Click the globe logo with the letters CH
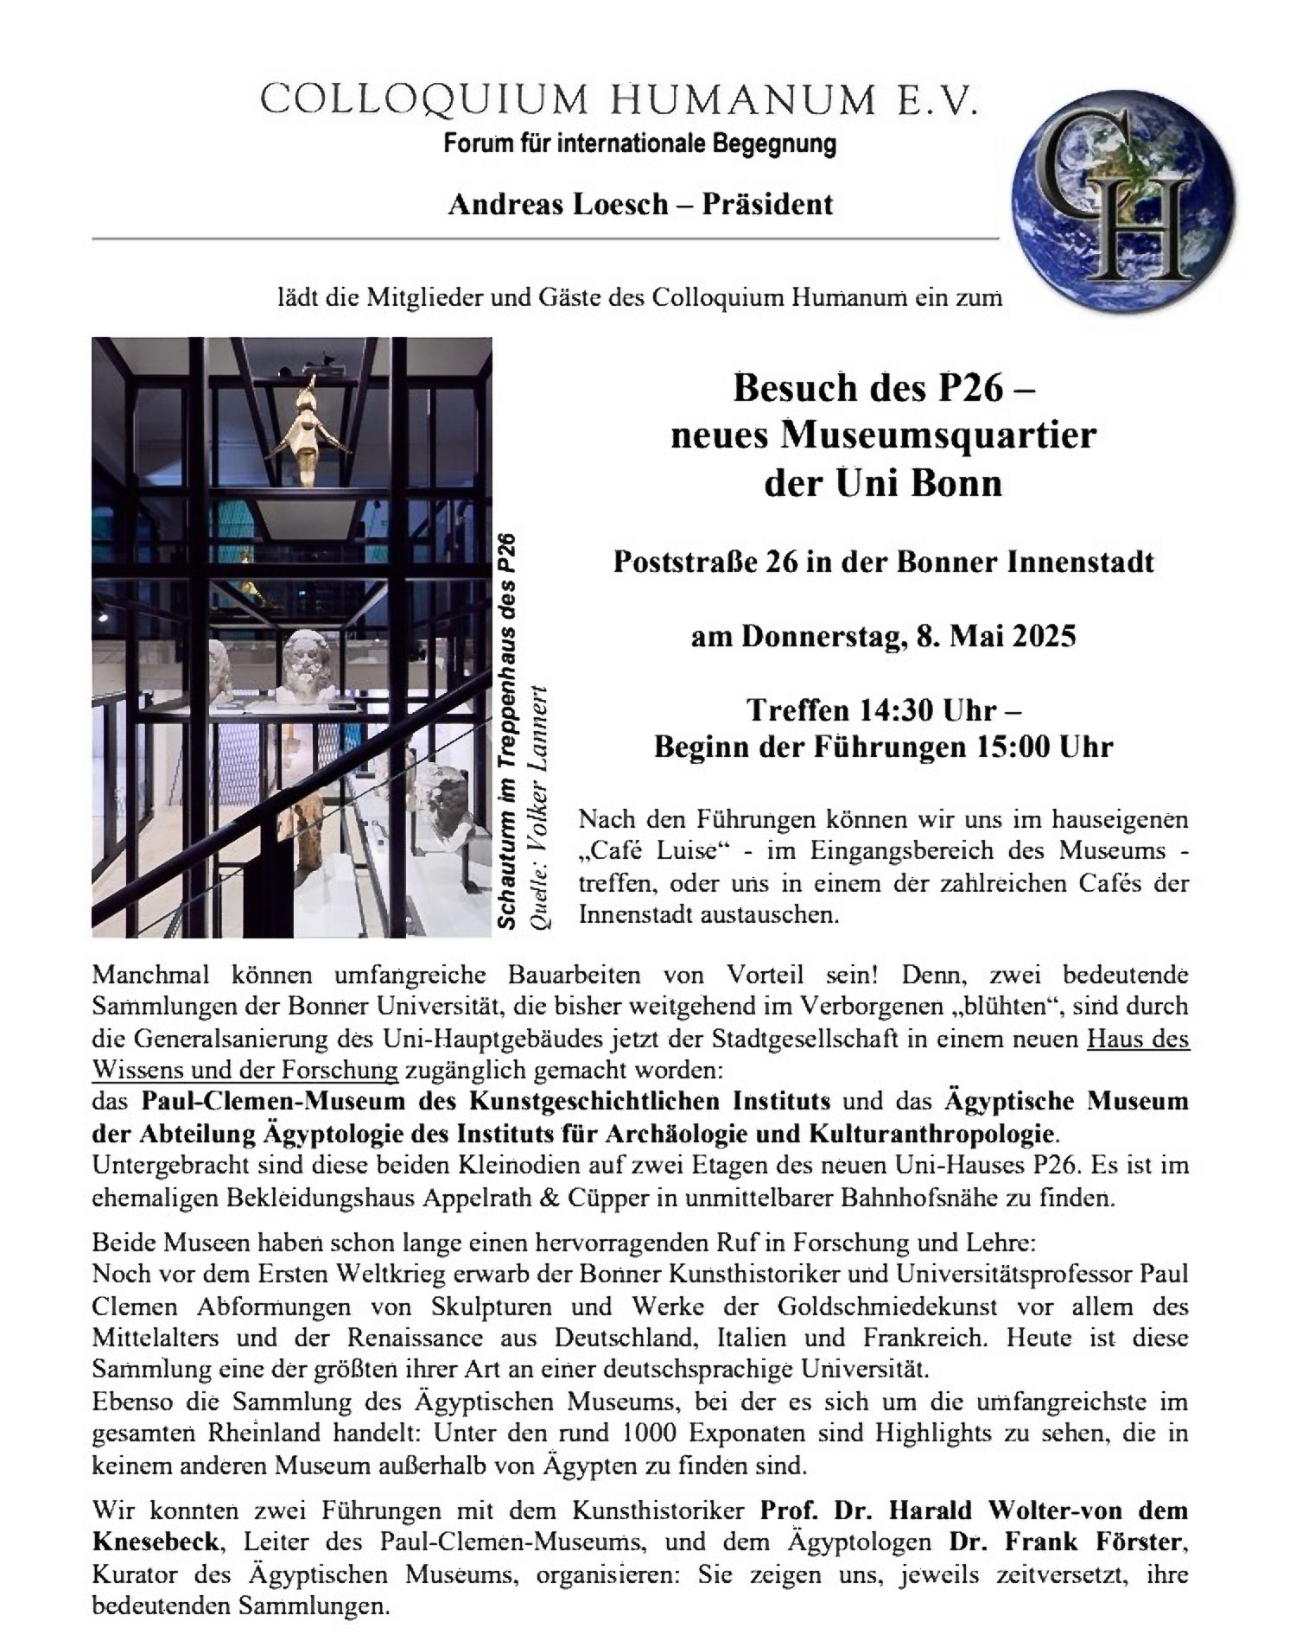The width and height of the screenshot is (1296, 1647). click(1126, 204)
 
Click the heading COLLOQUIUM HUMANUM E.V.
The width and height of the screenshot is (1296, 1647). click(620, 101)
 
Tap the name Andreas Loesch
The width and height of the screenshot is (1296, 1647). click(558, 205)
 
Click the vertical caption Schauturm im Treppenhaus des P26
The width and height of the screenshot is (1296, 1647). click(508, 731)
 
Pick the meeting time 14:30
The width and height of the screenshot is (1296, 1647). click(896, 710)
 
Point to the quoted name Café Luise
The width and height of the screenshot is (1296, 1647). click(653, 850)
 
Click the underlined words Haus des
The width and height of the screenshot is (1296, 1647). click(1138, 1039)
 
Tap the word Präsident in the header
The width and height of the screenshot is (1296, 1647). click(767, 205)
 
